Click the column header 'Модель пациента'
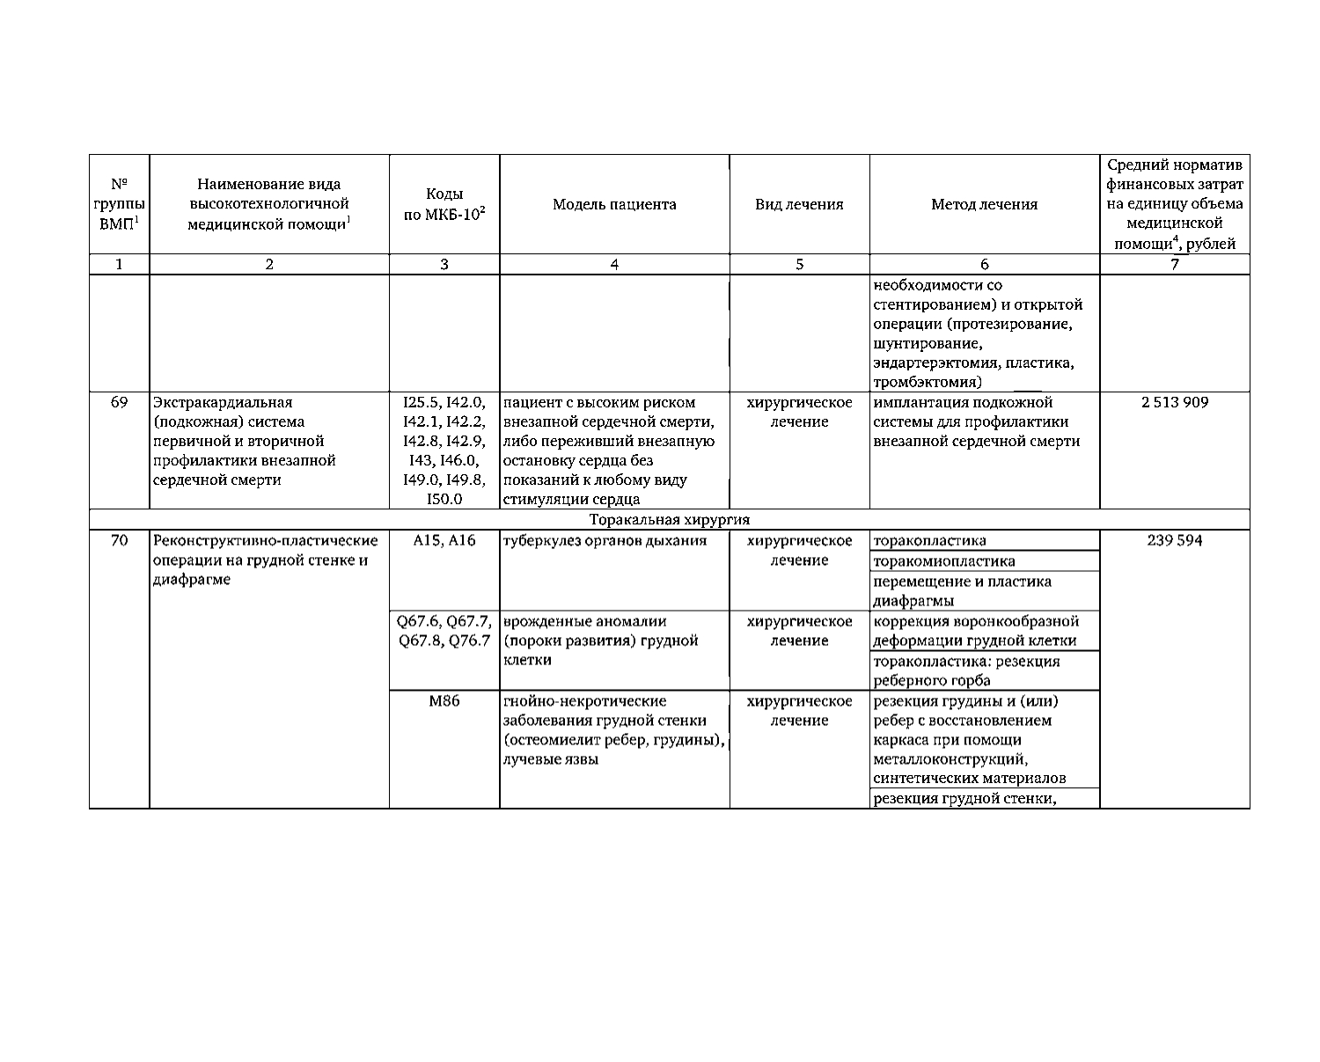click(614, 204)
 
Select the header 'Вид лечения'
click(799, 204)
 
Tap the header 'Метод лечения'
click(984, 204)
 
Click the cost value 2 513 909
click(1175, 402)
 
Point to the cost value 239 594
click(1175, 540)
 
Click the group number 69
click(119, 402)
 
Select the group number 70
click(119, 540)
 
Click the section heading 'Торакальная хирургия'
click(669, 520)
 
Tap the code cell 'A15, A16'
click(444, 540)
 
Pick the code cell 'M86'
click(444, 701)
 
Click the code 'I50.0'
click(444, 500)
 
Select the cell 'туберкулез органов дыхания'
click(605, 540)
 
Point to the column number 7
click(1175, 264)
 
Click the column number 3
click(444, 264)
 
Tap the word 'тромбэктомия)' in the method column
click(927, 382)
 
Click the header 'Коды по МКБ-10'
click(444, 204)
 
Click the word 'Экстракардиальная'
click(223, 402)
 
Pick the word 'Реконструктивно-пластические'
click(266, 540)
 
